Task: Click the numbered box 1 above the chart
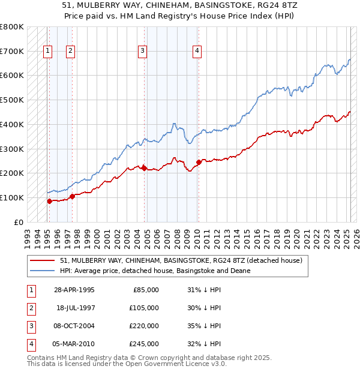[x=47, y=52]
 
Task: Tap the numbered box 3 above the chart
[x=143, y=52]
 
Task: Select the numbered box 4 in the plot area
[x=197, y=52]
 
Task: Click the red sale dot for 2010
[x=199, y=161]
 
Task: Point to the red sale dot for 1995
[x=49, y=201]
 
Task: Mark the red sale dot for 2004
[x=145, y=168]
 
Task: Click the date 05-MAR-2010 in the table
[x=74, y=344]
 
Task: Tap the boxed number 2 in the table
[x=31, y=308]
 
